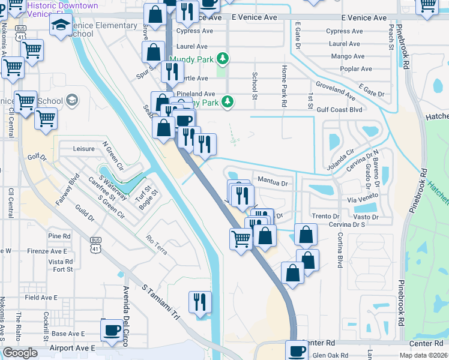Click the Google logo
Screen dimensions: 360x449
pyautogui.click(x=20, y=353)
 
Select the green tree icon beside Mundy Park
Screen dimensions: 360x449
pyautogui.click(x=223, y=58)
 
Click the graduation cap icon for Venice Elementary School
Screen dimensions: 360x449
pyautogui.click(x=60, y=25)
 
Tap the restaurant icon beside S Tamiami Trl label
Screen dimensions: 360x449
pyautogui.click(x=199, y=301)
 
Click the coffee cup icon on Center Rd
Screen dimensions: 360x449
pyautogui.click(x=296, y=350)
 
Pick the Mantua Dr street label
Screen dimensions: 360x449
pyautogui.click(x=273, y=179)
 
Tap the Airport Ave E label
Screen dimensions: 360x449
pyautogui.click(x=73, y=348)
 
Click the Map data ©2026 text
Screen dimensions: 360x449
pyautogui.click(x=423, y=355)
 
